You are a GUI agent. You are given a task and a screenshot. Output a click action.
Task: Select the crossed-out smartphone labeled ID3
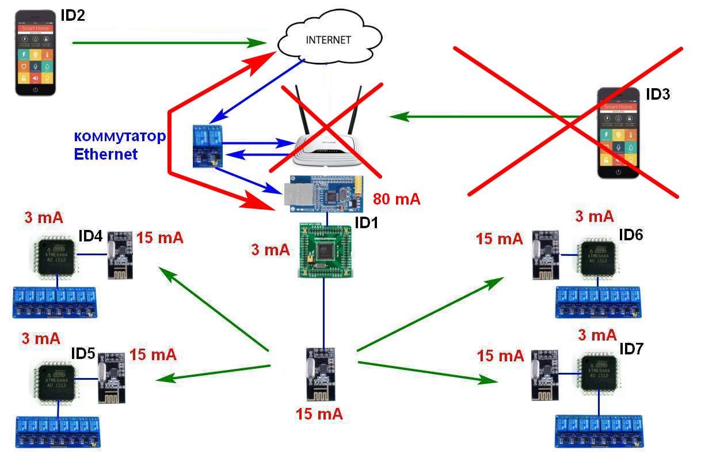tap(618, 133)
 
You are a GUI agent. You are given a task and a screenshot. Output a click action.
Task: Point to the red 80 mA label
tap(397, 199)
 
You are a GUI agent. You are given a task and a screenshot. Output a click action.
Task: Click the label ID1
tap(366, 222)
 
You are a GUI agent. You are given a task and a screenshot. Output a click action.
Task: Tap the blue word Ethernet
tap(105, 154)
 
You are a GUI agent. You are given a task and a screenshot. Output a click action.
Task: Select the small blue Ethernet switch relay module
tap(207, 145)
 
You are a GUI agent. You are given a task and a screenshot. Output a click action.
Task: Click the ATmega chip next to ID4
tap(55, 254)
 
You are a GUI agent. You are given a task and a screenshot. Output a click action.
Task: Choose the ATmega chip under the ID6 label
tap(599, 257)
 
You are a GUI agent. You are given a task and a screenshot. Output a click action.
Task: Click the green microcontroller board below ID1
tap(323, 248)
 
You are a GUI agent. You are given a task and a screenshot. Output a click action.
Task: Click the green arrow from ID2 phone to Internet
tap(167, 43)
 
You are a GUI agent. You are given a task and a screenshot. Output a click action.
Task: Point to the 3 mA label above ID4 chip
tap(43, 218)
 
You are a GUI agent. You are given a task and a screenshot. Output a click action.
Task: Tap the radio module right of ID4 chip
tap(120, 254)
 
